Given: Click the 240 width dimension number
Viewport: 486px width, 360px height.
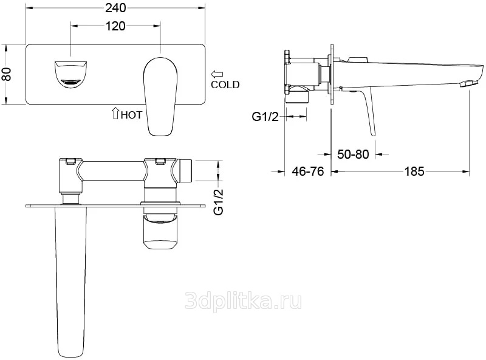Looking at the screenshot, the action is [115, 8].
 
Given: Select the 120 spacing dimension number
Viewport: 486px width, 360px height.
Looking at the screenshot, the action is [115, 26].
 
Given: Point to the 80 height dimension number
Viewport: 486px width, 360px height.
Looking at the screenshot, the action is [7, 74].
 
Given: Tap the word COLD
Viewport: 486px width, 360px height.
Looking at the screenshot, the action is [225, 85].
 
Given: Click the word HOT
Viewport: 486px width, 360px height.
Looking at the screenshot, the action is [131, 115].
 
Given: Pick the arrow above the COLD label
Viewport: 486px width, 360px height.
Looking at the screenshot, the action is [217, 74].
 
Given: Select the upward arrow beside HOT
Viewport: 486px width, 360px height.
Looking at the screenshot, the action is [115, 113].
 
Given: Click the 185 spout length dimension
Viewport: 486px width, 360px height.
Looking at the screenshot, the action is [414, 171].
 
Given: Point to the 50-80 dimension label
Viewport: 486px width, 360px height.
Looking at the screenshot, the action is [353, 154].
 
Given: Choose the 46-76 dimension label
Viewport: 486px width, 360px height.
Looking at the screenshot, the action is [308, 171].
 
